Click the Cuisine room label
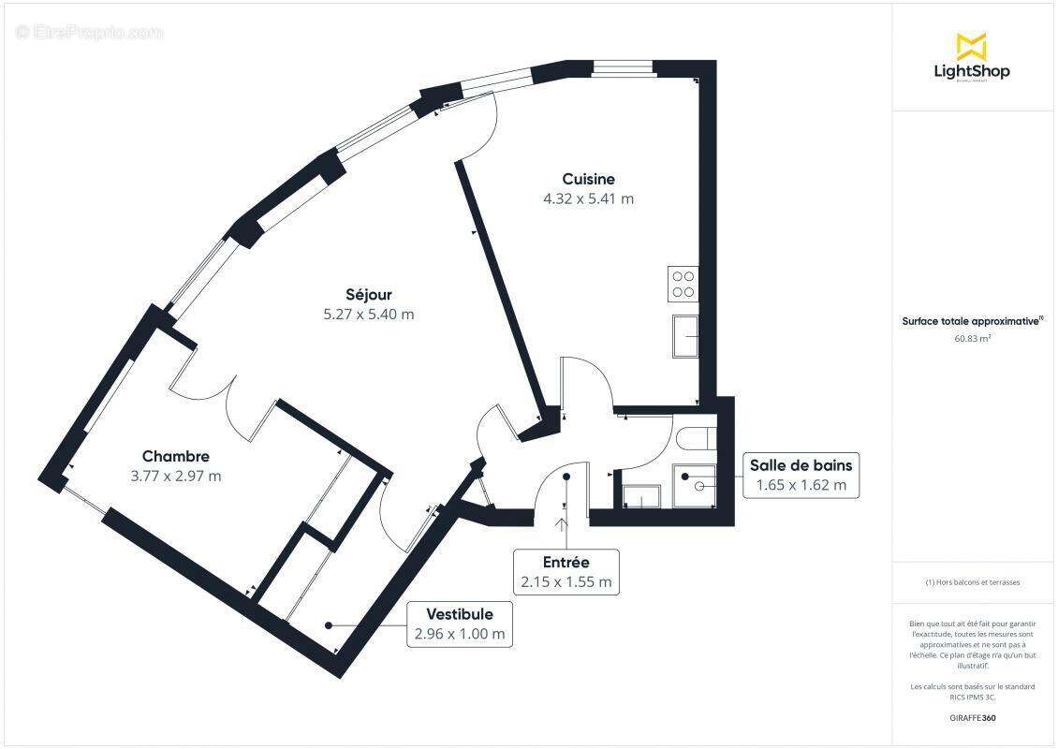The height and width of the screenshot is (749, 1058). pyautogui.click(x=588, y=179)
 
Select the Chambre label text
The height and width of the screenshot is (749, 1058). pyautogui.click(x=176, y=456)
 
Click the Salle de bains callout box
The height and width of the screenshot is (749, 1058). pyautogui.click(x=800, y=475)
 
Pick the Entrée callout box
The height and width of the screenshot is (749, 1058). pyautogui.click(x=566, y=571)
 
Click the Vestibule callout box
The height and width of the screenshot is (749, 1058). pyautogui.click(x=459, y=624)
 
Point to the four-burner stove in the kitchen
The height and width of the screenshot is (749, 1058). pyautogui.click(x=683, y=283)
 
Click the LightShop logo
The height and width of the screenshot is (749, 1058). pyautogui.click(x=972, y=57)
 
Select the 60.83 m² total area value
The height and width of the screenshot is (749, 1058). pyautogui.click(x=972, y=339)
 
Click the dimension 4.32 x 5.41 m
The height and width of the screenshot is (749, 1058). pyautogui.click(x=588, y=198)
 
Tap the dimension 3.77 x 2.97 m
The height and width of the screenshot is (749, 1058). pyautogui.click(x=176, y=476)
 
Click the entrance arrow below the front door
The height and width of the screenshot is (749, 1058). pyautogui.click(x=564, y=527)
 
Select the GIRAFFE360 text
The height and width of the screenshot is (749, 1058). pyautogui.click(x=972, y=717)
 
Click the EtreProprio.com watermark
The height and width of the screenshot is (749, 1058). pyautogui.click(x=90, y=32)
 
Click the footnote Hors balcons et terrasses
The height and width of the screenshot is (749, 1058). pyautogui.click(x=972, y=582)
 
